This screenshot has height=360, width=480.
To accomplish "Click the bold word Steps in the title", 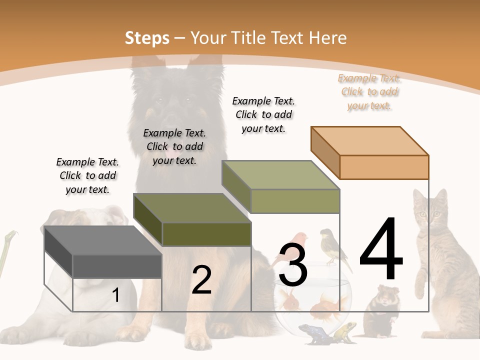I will [147, 38].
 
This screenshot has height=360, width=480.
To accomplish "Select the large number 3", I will [292, 265].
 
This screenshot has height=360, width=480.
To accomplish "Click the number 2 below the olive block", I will [201, 280].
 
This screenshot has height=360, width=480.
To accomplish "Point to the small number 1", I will [116, 295].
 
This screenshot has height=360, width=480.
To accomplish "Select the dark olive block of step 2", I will [192, 220].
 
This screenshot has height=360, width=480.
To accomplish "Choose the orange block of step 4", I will [370, 152].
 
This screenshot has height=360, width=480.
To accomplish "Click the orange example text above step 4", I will [369, 92].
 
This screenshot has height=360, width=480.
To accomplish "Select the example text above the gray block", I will [88, 176].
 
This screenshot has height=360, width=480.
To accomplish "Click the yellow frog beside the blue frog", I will [345, 330].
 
